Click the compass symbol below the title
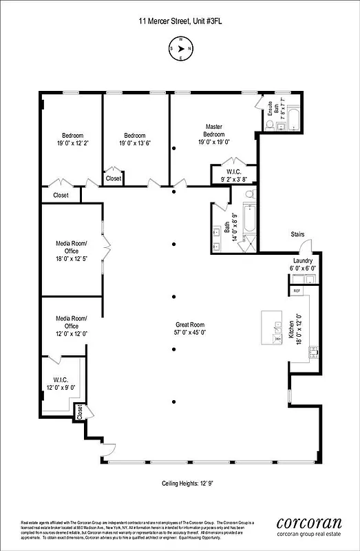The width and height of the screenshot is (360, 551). (x=180, y=49)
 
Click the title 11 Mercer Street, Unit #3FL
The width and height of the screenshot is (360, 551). (x=180, y=22)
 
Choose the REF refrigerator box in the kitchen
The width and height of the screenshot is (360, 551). (x=297, y=291)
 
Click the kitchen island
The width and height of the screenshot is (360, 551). (x=272, y=327)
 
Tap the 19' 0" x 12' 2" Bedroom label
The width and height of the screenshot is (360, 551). (x=73, y=139)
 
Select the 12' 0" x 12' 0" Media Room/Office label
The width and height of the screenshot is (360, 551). (x=72, y=325)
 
